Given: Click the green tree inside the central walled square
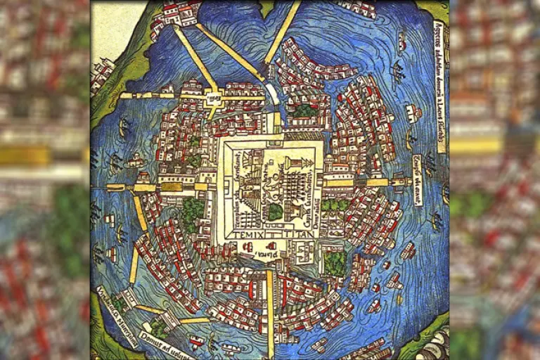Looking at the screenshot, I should click(x=276, y=211).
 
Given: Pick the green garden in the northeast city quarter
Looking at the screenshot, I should click(x=304, y=111).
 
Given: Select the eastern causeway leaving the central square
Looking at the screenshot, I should click(x=366, y=182).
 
